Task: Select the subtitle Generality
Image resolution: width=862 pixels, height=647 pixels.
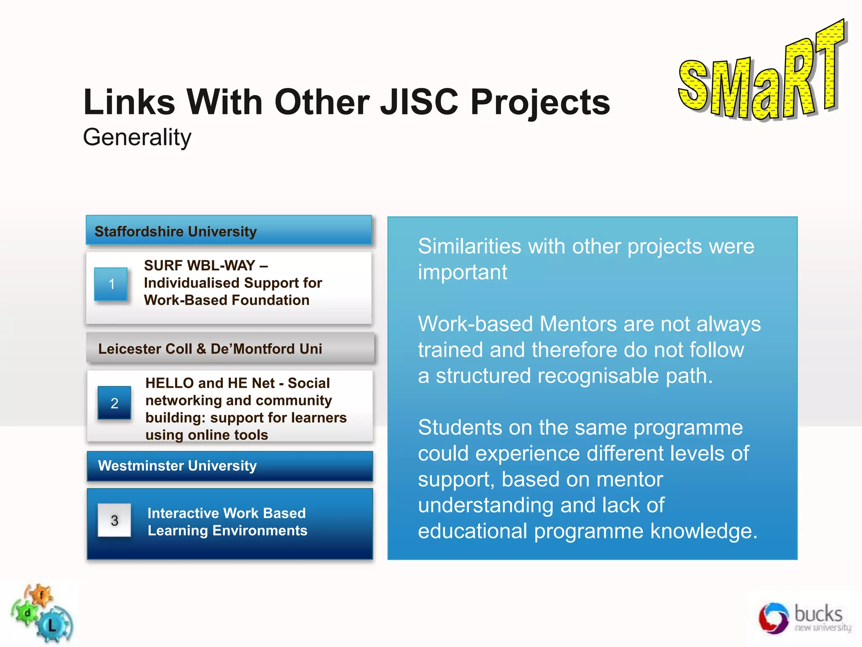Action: tap(137, 137)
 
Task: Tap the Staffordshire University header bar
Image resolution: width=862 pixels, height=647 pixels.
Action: tap(229, 231)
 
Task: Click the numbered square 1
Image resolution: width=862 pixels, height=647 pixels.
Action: tap(111, 284)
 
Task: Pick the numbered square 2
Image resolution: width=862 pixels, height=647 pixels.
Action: tap(114, 404)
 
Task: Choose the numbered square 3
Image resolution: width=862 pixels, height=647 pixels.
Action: tap(114, 521)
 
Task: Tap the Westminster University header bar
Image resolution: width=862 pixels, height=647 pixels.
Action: tap(230, 466)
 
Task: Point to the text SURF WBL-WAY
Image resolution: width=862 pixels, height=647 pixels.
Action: tap(200, 265)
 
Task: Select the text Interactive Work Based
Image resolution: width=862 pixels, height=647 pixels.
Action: tap(226, 513)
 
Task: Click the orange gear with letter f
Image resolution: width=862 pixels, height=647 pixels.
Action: tap(41, 595)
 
